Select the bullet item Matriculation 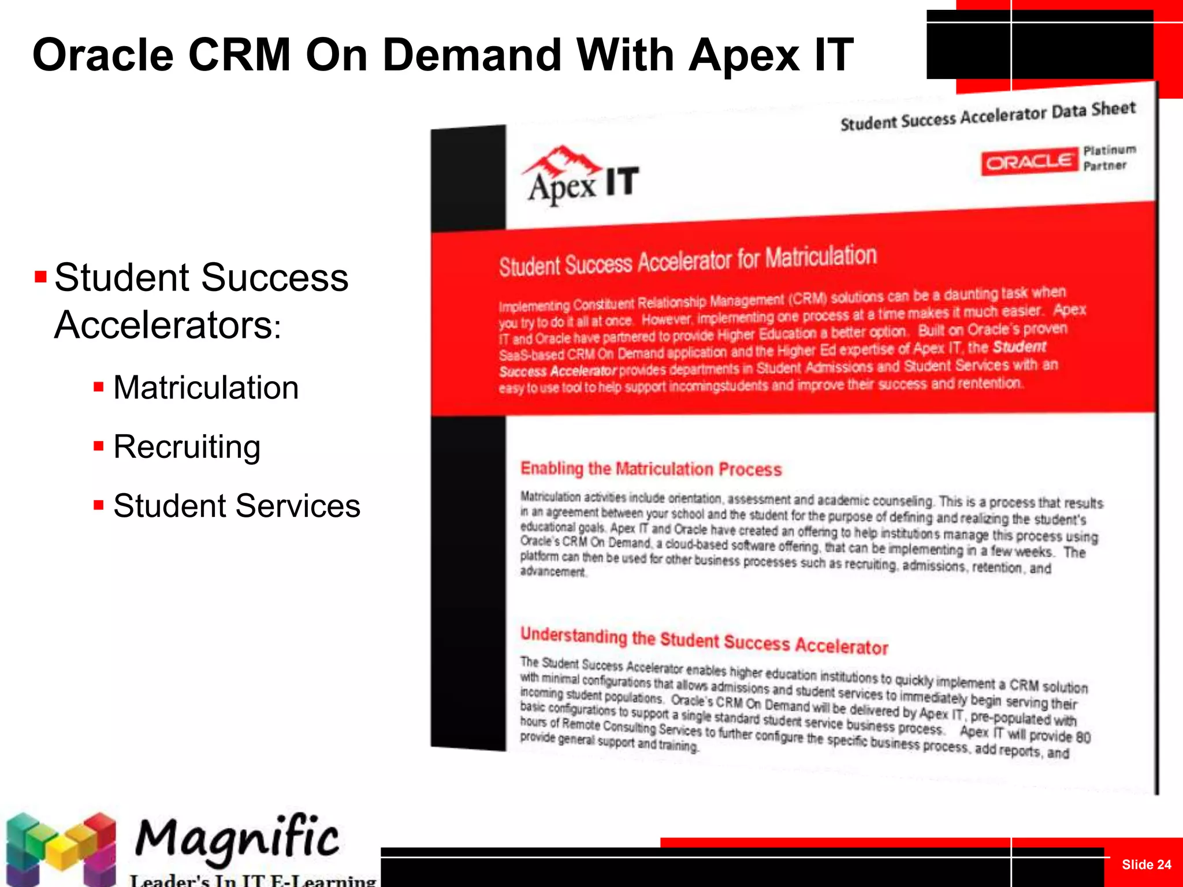(206, 387)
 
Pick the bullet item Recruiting (187, 447)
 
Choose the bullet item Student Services (237, 506)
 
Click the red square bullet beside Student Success (40, 277)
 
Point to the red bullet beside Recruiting (99, 446)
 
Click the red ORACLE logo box (1029, 162)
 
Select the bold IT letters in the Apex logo (622, 181)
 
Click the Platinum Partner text (1108, 158)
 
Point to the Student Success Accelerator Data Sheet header (987, 116)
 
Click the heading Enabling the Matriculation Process (651, 469)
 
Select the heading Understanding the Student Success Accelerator (704, 640)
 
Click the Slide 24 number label (1146, 864)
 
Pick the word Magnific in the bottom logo (237, 838)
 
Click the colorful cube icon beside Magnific (60, 848)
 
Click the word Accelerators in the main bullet (164, 325)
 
